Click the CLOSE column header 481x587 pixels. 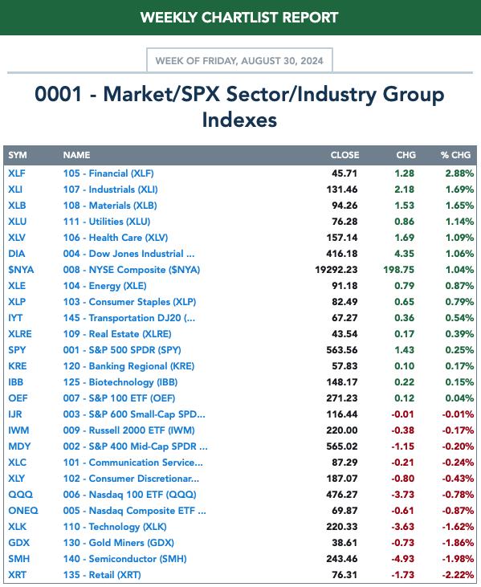[x=344, y=155]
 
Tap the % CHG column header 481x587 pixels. [x=455, y=155]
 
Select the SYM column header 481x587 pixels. [x=18, y=155]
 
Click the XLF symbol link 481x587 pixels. [x=17, y=173]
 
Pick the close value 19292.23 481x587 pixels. [x=336, y=270]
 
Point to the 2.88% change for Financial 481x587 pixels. [x=459, y=173]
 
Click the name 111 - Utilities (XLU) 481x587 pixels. [x=107, y=222]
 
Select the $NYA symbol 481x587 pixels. [x=21, y=270]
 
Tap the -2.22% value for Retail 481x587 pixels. [x=458, y=575]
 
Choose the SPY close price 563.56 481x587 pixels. [x=342, y=350]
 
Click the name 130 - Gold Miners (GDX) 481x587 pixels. [x=119, y=543]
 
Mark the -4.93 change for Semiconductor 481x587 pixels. [x=402, y=559]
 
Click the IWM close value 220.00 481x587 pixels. [x=342, y=430]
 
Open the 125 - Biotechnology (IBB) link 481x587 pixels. [x=120, y=382]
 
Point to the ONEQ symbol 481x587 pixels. [x=23, y=511]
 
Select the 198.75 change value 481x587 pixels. [x=398, y=270]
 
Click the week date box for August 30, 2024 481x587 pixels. [x=239, y=60]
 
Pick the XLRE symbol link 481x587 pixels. [x=20, y=334]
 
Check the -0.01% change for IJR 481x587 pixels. [x=458, y=414]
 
